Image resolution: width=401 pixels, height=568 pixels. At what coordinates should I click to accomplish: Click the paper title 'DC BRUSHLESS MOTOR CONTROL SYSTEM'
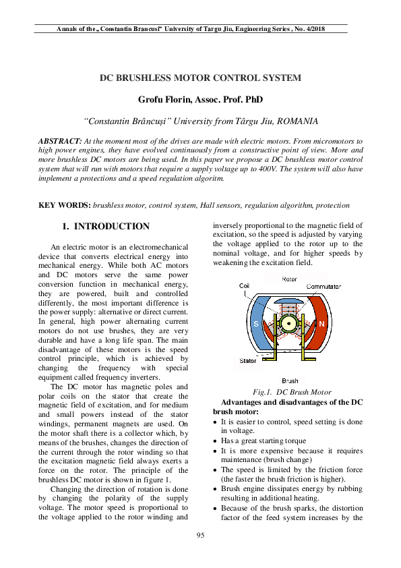tap(200, 78)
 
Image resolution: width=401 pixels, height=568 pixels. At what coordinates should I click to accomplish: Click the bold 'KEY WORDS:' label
tap(65, 204)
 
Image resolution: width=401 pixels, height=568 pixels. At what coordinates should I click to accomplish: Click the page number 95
tap(200, 536)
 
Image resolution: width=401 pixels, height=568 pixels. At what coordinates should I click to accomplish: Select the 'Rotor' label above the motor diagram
tap(289, 279)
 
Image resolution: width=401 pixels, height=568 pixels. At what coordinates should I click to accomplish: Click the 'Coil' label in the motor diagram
tap(244, 286)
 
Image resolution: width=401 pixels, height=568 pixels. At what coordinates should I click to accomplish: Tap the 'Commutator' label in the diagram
tap(324, 287)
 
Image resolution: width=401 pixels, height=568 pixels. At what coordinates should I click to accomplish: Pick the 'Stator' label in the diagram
tap(248, 361)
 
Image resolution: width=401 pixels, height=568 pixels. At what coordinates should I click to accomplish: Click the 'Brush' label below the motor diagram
tap(290, 381)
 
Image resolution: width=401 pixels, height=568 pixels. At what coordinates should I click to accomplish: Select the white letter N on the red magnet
tap(322, 324)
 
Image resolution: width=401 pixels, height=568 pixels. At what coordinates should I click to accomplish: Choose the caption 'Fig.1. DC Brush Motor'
tap(291, 392)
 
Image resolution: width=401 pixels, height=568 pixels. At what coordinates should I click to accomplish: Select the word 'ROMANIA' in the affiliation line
tap(297, 121)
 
